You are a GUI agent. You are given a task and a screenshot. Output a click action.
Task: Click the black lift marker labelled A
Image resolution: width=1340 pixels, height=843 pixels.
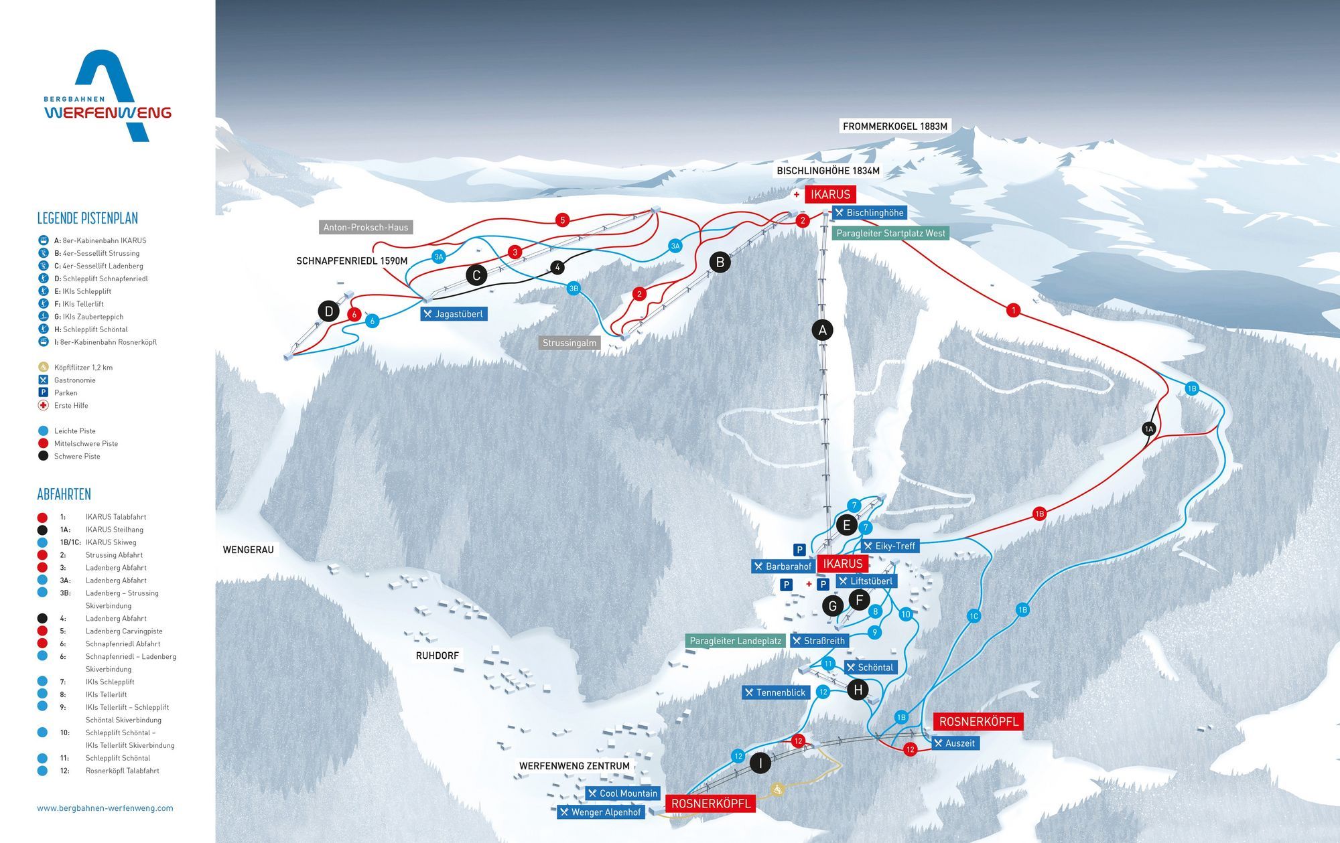click(822, 329)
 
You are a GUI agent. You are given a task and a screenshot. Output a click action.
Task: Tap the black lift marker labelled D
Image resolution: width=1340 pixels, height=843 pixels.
click(328, 311)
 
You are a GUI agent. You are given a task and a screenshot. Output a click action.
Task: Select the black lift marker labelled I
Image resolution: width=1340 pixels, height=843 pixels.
click(760, 763)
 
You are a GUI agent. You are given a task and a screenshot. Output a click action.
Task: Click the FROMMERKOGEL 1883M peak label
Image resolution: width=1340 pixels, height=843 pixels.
click(894, 126)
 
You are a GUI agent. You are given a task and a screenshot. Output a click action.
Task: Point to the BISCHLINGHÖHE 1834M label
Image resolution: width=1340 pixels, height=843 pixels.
click(827, 171)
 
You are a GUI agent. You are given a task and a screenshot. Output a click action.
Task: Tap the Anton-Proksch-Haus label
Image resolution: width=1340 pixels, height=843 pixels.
click(365, 227)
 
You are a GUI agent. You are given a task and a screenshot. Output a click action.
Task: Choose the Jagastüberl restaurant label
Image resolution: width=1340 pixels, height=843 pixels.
click(454, 314)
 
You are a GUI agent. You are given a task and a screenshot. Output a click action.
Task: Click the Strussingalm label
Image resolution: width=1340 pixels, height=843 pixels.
click(569, 343)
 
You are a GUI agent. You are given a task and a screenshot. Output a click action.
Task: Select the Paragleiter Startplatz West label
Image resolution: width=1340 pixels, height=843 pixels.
click(890, 233)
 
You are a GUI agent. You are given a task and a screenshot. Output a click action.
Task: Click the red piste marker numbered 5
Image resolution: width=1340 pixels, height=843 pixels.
click(562, 220)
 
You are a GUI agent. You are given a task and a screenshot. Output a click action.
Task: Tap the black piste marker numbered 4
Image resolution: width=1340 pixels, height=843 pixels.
click(557, 267)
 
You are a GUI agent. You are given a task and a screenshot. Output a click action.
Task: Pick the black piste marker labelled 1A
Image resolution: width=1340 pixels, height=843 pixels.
click(1149, 429)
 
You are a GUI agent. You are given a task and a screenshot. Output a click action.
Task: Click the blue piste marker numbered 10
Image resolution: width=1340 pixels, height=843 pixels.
click(906, 614)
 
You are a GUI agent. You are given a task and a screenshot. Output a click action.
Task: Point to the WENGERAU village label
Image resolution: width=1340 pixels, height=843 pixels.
click(248, 550)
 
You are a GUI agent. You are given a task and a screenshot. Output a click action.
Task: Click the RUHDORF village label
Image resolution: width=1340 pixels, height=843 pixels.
click(437, 656)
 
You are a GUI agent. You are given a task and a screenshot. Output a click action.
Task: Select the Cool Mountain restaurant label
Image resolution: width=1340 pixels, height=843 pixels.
click(622, 793)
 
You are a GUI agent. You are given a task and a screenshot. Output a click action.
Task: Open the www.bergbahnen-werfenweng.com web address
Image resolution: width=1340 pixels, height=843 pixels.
click(105, 808)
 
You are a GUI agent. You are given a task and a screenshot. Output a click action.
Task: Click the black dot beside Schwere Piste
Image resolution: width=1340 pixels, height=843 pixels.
click(44, 456)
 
